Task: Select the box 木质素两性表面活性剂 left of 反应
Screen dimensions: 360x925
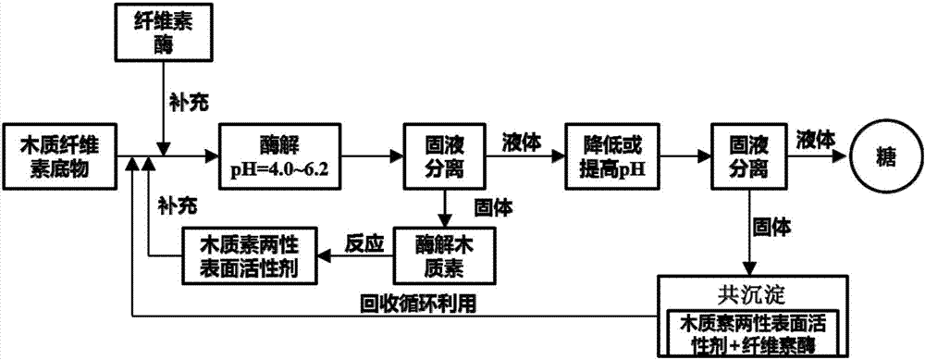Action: pos(250,253)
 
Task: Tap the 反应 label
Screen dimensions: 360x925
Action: pos(363,237)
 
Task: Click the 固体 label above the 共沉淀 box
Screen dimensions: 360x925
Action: pos(772,224)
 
